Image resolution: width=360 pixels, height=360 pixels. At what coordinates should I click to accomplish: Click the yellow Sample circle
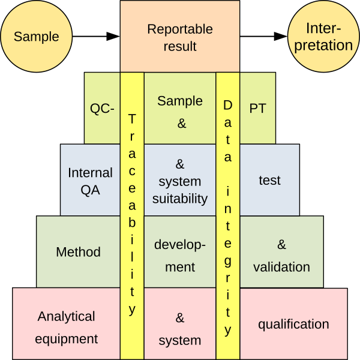37,37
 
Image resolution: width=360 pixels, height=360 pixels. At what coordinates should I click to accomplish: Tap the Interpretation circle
325,37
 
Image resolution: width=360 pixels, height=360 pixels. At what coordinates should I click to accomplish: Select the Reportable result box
180,37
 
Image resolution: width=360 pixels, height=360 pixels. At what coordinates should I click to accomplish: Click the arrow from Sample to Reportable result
96,37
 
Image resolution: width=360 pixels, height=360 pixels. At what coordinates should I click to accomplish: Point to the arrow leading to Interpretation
264,37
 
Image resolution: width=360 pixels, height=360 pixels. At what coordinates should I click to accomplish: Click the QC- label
102,109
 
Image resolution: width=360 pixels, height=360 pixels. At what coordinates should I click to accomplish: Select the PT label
257,109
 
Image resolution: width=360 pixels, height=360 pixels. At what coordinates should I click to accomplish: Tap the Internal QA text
90,182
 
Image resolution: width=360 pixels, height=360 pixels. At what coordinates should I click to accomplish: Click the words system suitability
180,190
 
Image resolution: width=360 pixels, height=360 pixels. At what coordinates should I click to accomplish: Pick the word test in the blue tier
269,180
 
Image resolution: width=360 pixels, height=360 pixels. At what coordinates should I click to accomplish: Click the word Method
78,252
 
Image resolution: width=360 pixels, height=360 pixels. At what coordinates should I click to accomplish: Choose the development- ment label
180,256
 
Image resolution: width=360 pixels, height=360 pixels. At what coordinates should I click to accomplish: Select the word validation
281,267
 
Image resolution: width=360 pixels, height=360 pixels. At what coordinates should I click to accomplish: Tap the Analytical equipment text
66,328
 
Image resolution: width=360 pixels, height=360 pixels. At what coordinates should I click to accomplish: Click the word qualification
293,325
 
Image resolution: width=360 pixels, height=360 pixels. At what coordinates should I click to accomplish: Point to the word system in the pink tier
180,341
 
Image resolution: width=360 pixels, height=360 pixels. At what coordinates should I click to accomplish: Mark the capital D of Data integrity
228,105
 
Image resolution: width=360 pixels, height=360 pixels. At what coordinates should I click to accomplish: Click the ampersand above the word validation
282,245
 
